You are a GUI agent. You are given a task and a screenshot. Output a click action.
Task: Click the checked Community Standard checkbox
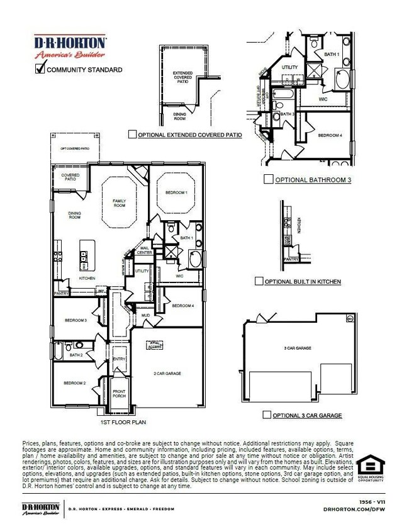tap(40, 69)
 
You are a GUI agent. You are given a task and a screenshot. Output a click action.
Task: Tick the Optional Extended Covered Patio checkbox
tap(132, 135)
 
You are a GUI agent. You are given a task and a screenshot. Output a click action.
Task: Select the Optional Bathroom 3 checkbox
tap(269, 179)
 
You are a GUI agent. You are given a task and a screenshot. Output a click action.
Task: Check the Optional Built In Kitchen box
tap(259, 281)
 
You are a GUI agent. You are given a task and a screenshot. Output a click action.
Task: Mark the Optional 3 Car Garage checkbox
tap(267, 415)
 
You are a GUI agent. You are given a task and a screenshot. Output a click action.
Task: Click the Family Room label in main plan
tap(119, 203)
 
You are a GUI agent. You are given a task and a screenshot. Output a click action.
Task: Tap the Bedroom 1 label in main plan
tap(176, 192)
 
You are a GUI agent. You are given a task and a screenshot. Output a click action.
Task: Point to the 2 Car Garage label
tap(167, 374)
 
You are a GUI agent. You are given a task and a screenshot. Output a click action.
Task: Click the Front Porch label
tap(119, 394)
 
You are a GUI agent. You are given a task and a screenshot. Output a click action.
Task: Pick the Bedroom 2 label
tap(74, 382)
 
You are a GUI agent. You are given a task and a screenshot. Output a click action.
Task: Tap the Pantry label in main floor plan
tap(62, 293)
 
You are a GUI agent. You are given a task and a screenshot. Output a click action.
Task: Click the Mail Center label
tap(145, 251)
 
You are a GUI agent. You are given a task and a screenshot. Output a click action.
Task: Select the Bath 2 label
tap(77, 355)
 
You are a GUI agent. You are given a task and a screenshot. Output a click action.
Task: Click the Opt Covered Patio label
tap(74, 148)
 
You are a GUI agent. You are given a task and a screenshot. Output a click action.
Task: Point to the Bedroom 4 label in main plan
tap(182, 306)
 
